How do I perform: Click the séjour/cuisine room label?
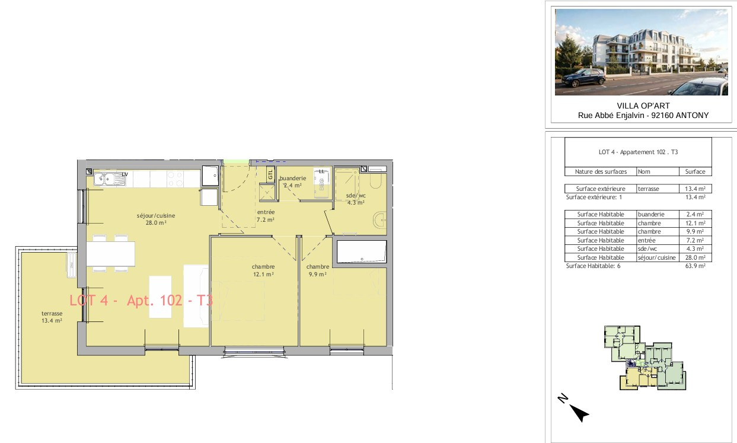point(156,219)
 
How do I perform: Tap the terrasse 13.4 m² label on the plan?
point(52,317)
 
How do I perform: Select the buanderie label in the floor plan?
point(293,179)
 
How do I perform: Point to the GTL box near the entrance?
point(270,174)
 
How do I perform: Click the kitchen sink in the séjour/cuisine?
point(110,179)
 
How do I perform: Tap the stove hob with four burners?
point(175,179)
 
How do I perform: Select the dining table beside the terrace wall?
point(111,254)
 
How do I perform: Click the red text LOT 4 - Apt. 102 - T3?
point(141,301)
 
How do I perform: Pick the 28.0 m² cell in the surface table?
point(695,257)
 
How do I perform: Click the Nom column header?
point(644,171)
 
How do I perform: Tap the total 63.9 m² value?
point(695,266)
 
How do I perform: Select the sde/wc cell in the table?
point(646,249)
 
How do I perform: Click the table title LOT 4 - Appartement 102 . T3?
point(639,152)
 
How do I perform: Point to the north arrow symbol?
point(579,412)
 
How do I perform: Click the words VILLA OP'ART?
point(643,106)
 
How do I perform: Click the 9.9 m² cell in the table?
point(695,231)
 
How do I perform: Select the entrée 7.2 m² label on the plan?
point(266,216)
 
